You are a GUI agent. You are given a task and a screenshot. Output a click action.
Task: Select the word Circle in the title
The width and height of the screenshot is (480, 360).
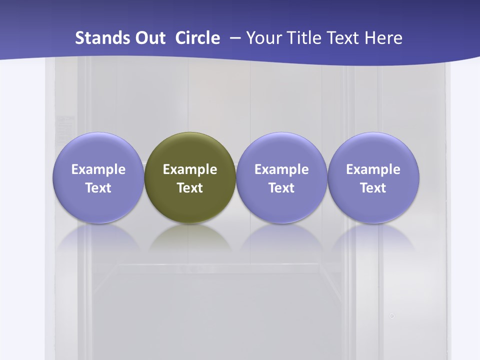click(x=197, y=38)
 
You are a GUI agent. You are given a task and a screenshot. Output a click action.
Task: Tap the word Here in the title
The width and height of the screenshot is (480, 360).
click(x=383, y=38)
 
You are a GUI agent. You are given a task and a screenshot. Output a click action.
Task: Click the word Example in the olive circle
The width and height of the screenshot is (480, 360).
click(x=190, y=169)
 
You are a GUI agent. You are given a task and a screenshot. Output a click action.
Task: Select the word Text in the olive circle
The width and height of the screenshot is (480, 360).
click(x=190, y=188)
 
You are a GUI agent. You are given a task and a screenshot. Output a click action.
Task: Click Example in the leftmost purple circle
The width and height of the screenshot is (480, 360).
click(x=98, y=169)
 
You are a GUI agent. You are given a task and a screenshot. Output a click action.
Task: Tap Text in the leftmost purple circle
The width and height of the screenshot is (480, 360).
click(x=98, y=188)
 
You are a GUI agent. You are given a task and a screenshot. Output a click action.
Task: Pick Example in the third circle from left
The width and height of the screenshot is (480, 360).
click(x=281, y=169)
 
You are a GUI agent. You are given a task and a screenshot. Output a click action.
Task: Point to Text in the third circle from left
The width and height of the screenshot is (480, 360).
click(x=281, y=188)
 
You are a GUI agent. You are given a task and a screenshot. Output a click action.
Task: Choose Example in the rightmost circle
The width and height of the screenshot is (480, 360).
click(x=373, y=169)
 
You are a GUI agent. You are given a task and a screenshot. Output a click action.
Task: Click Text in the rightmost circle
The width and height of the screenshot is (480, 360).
click(x=373, y=188)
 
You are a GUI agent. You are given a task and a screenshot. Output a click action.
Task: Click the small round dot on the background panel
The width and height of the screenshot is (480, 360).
click(x=392, y=316)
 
